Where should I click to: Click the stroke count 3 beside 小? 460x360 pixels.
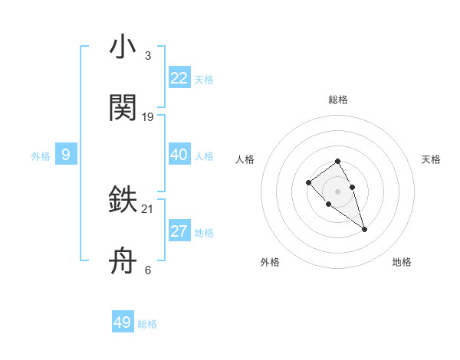(147, 56)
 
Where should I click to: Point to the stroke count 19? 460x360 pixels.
(148, 117)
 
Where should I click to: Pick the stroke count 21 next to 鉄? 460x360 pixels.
(148, 208)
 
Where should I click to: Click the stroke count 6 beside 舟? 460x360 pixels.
(147, 270)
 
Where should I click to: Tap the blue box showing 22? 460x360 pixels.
(179, 78)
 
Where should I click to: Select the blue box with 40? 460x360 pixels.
(179, 155)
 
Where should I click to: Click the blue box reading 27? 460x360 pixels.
(179, 231)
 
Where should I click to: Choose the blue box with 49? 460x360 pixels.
(123, 322)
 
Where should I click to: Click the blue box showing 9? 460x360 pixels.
(66, 155)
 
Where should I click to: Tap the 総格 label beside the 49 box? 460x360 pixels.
(147, 324)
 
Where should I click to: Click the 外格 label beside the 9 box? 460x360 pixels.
(41, 156)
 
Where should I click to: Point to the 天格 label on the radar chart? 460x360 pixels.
(431, 159)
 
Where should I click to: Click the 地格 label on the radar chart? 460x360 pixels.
(402, 262)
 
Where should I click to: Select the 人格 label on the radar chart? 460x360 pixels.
(245, 159)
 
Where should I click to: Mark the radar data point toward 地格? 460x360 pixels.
(364, 229)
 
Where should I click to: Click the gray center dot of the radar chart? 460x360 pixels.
(337, 191)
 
